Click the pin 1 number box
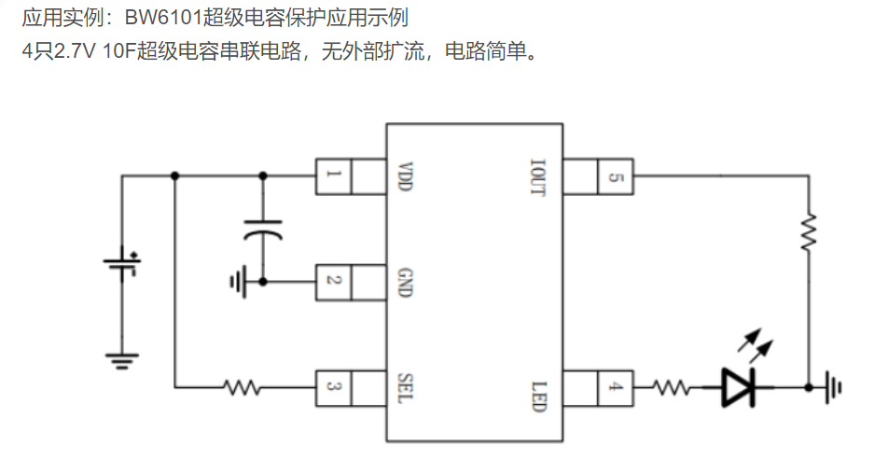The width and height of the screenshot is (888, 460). click(334, 176)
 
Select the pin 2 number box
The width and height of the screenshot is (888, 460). click(334, 282)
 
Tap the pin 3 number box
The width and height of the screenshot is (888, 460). click(334, 388)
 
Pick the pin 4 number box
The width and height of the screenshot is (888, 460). click(616, 388)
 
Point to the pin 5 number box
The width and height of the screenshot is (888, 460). click(616, 176)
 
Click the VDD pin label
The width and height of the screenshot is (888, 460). click(405, 176)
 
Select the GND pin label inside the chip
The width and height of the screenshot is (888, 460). click(405, 283)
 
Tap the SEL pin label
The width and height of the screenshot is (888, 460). click(405, 388)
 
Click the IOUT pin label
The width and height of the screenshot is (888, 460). click(537, 177)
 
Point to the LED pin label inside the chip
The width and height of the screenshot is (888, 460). click(538, 397)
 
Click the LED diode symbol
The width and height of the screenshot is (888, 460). click(739, 387)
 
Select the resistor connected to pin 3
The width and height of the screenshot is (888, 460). click(242, 388)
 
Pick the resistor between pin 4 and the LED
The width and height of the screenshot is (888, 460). click(671, 388)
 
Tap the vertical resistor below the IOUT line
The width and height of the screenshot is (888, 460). click(809, 231)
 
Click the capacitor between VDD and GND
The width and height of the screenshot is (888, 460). click(263, 230)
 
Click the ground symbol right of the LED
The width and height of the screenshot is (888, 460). click(833, 388)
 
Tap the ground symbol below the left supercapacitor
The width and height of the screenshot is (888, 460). click(122, 361)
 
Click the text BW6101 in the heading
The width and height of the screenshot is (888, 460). click(163, 18)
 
